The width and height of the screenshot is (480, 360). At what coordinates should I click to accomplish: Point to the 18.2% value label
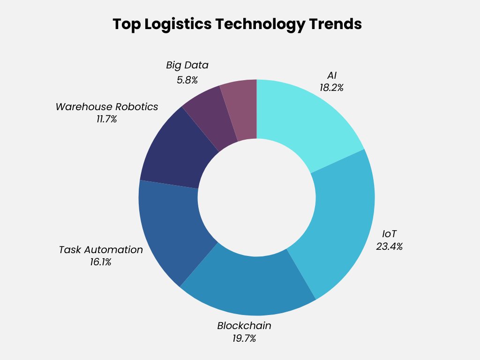[331, 88]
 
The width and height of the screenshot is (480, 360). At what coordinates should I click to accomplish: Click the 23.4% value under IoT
[389, 246]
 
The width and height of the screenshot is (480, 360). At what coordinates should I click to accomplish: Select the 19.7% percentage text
[244, 338]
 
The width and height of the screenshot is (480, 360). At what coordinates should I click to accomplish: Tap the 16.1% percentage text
[101, 262]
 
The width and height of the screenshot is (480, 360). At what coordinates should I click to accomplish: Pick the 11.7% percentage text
[106, 119]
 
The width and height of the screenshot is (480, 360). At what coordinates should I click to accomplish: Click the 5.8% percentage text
[187, 80]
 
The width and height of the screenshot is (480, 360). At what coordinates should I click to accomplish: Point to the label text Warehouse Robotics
[107, 106]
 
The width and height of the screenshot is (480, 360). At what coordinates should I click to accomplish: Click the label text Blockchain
[244, 325]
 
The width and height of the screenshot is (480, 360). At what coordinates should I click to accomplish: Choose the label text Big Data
[187, 65]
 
